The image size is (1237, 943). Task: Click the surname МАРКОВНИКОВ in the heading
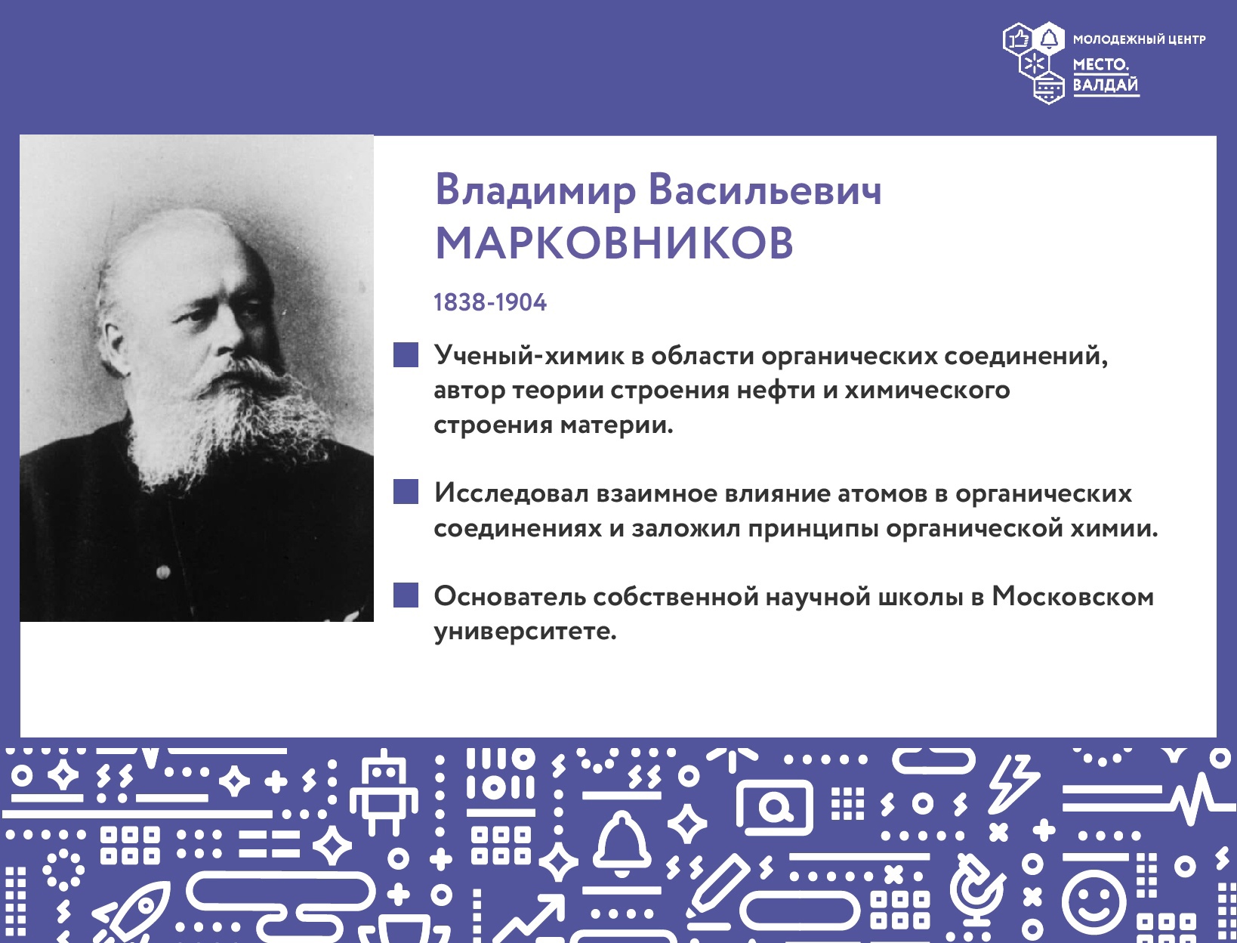[614, 243]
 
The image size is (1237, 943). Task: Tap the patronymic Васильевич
[765, 190]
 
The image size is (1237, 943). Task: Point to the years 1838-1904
[489, 303]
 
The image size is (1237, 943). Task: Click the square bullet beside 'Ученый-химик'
[406, 355]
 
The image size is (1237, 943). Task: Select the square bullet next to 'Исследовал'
[406, 491]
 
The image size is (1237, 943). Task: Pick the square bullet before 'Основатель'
[406, 595]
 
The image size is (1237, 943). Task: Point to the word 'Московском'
[1072, 596]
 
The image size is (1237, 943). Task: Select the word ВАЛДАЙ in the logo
[1105, 85]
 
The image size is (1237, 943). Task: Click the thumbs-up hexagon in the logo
[1018, 39]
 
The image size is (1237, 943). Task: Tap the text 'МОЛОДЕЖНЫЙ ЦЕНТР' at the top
[1139, 39]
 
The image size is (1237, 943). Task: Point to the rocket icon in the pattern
[134, 907]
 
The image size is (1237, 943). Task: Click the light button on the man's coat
[163, 573]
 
